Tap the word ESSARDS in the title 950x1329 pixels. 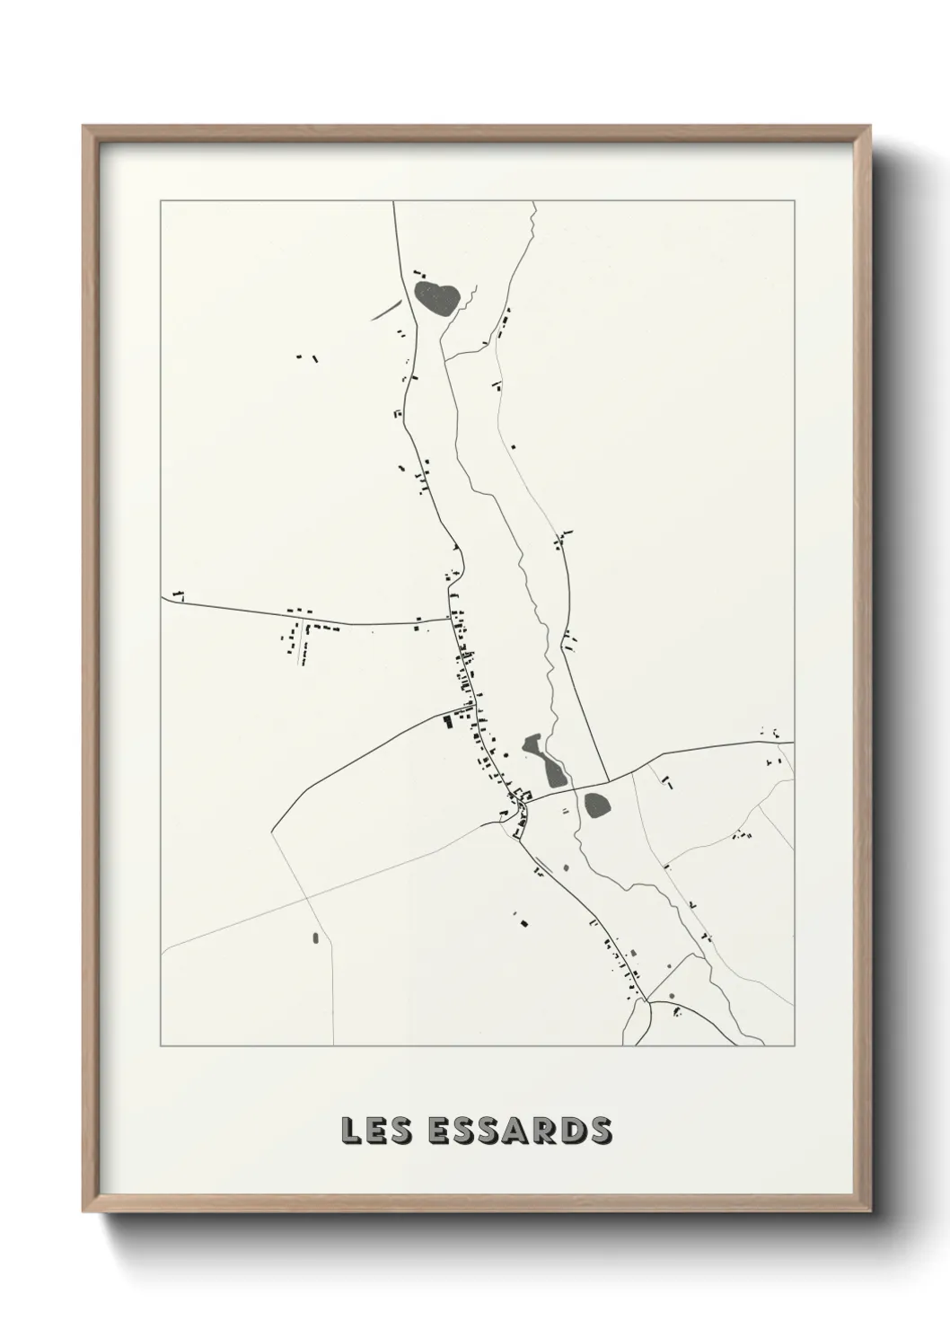tap(521, 1131)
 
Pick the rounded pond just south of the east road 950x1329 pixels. tap(597, 804)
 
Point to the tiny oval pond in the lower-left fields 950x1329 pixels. tap(315, 938)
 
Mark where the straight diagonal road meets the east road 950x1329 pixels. tap(608, 780)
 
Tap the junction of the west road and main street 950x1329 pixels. tap(450, 619)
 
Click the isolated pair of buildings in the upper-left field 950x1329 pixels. tap(307, 357)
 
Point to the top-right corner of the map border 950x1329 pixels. tap(794, 201)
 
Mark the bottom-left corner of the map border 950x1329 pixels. tap(161, 1046)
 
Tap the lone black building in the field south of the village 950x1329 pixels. tap(521, 919)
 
